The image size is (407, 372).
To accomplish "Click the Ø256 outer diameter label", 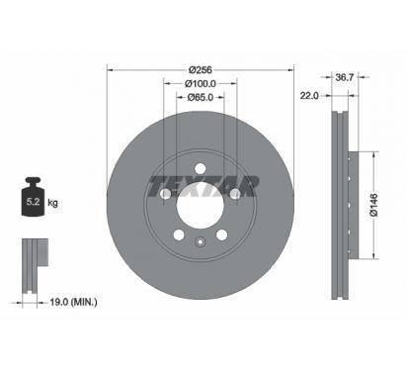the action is coord(201,70).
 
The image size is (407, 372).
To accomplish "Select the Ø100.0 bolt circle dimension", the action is coord(201,84).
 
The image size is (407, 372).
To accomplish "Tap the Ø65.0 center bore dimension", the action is coord(201,97).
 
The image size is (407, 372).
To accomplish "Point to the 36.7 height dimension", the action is coord(344,77).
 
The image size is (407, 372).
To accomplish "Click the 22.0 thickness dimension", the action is coord(309,96).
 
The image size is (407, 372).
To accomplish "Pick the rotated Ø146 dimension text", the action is coord(374,205).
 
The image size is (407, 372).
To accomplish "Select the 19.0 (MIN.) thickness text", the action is coord(73,302).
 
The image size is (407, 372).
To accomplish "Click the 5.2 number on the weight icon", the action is coord(33,202).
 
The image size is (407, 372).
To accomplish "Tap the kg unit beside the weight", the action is coord(52,202).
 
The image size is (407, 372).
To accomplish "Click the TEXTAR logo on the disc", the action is coord(203,186).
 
